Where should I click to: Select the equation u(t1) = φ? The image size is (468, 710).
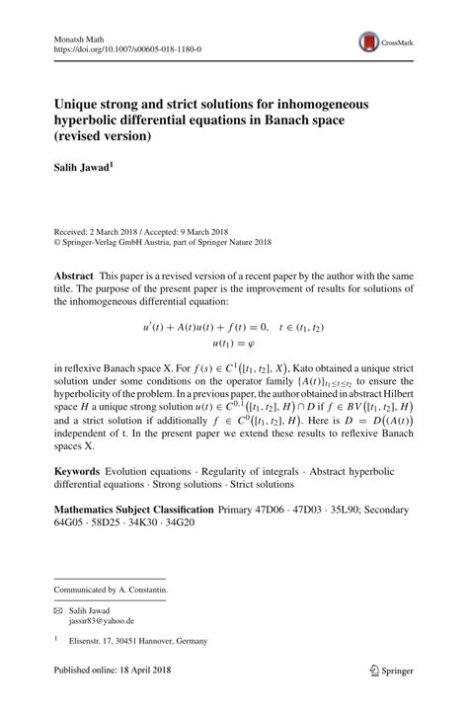(233, 343)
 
